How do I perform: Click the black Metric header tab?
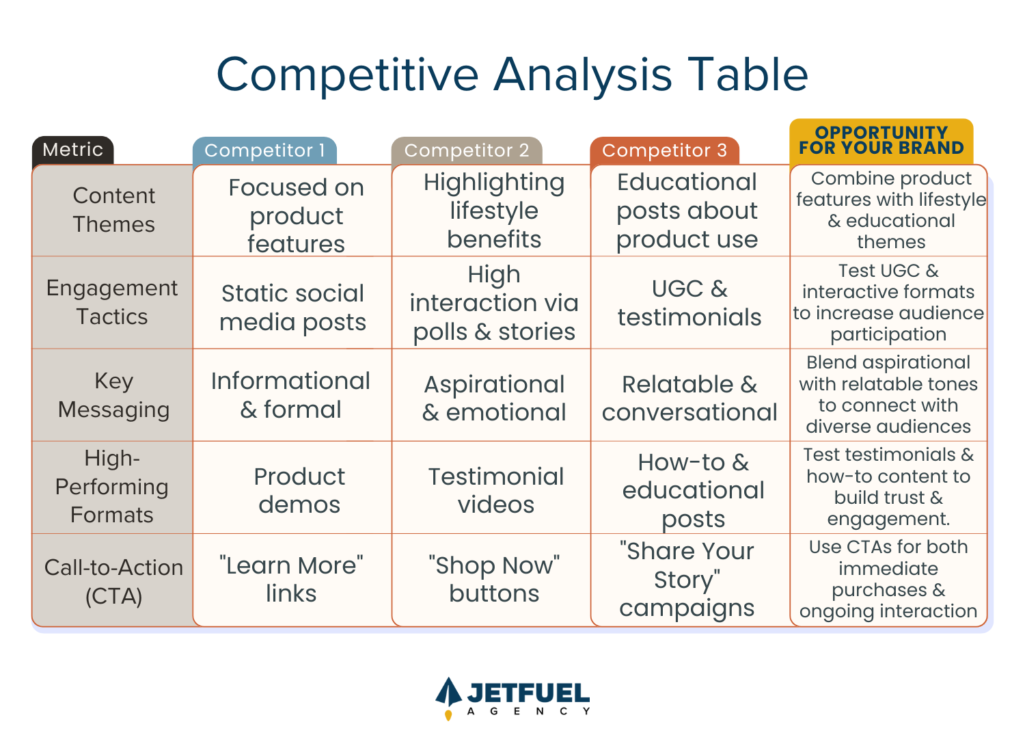tap(72, 150)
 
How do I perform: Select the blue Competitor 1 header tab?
tap(264, 150)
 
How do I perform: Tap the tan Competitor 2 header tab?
tap(467, 150)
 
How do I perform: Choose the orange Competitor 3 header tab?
tap(664, 150)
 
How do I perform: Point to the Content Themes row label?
tap(114, 210)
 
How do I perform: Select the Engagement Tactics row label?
tap(112, 302)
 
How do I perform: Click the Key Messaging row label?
tap(114, 395)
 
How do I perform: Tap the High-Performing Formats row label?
tap(112, 487)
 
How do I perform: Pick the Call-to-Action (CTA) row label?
tap(114, 581)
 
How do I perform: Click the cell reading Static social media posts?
tap(293, 308)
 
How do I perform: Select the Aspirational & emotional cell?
tap(494, 398)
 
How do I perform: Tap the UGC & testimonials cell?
tap(689, 303)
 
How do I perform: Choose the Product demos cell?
tap(299, 491)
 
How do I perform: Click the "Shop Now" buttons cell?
tap(494, 580)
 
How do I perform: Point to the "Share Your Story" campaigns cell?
tap(687, 580)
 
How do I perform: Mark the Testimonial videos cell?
tap(496, 491)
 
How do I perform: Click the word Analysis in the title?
tap(583, 75)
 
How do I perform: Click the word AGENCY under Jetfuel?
tap(529, 711)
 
